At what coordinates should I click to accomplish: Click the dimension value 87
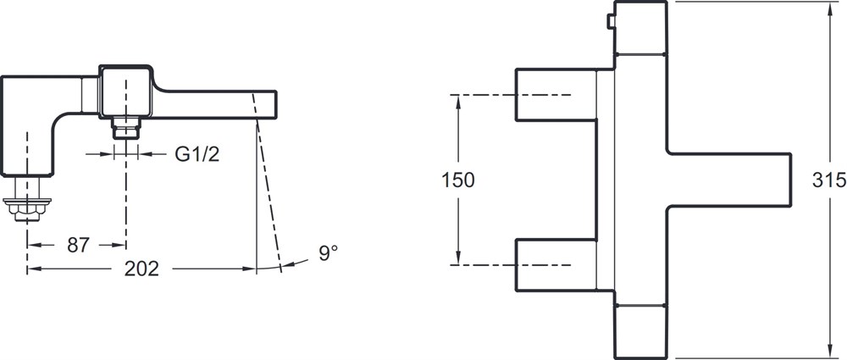coord(78,246)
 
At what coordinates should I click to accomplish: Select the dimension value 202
coord(141,269)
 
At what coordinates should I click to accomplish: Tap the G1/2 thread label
coord(197,155)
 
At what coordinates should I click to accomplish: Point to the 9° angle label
coord(328,252)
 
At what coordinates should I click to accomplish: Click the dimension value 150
coord(458,180)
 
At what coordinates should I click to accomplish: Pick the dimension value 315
coord(829,180)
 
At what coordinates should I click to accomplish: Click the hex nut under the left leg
coord(27,208)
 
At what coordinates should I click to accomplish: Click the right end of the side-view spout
coord(275,104)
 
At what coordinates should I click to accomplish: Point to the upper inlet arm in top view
coord(556,95)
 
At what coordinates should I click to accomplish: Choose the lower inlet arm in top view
coord(556,265)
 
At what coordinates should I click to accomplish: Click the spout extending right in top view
coord(729,180)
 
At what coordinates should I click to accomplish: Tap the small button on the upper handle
coord(611,21)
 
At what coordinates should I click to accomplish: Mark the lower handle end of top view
coord(640,332)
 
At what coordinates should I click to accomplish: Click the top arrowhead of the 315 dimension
coord(830,8)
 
